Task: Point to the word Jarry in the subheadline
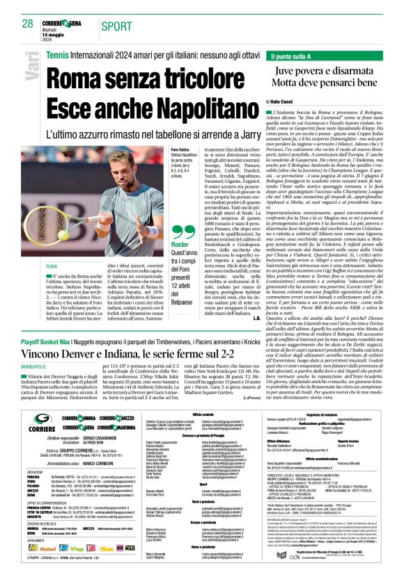(244, 133)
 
